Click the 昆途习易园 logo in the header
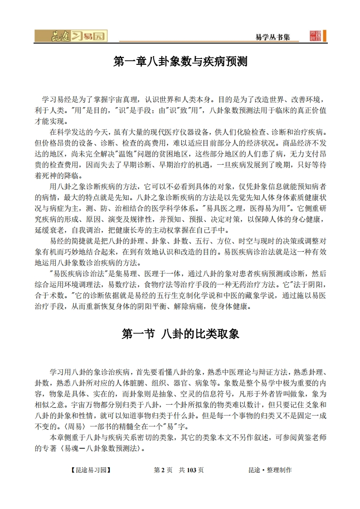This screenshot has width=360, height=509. (71, 36)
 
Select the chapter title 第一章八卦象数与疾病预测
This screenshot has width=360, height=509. (180, 62)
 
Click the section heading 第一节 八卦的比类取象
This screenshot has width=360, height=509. (180, 334)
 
